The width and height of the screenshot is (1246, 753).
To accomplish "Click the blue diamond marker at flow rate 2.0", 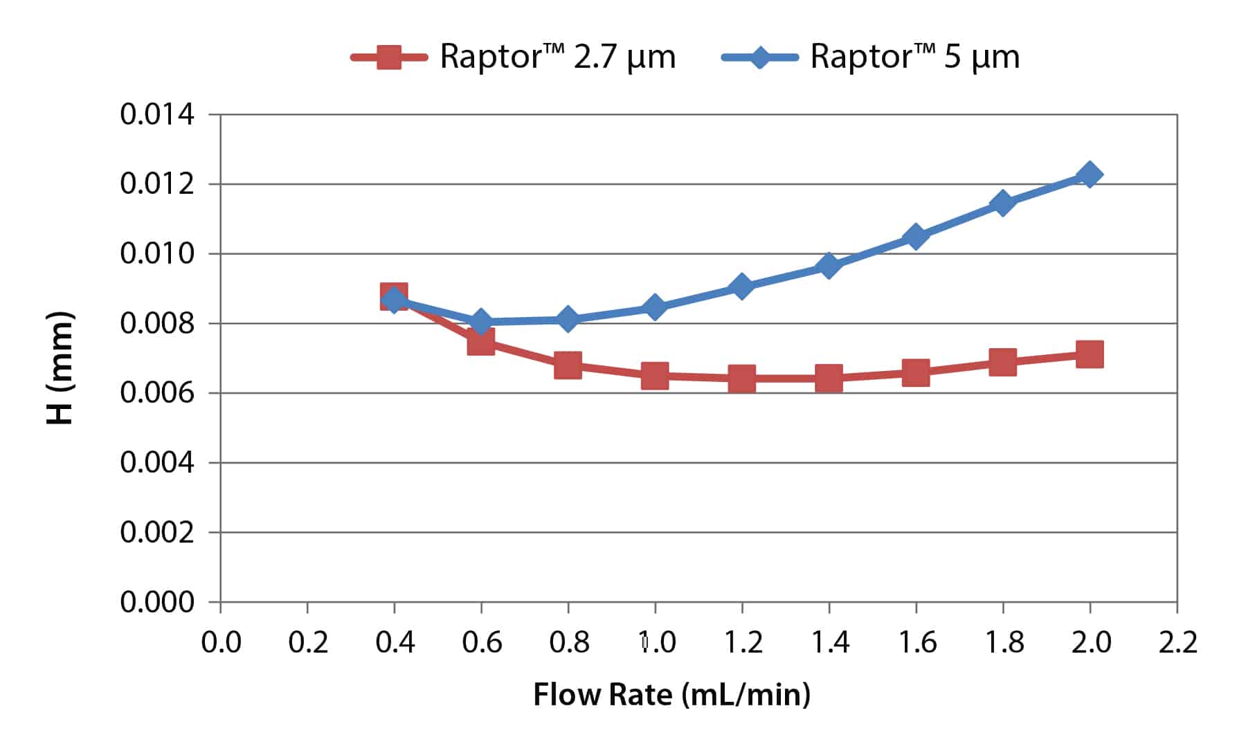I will click(x=1090, y=174).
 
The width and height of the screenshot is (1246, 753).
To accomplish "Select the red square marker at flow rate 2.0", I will click(x=1090, y=354).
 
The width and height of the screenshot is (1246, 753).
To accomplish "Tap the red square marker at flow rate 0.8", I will click(x=568, y=365).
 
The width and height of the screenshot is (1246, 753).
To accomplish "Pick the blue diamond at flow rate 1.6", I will click(x=915, y=237).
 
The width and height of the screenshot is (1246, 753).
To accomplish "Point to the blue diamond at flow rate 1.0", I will click(x=654, y=307).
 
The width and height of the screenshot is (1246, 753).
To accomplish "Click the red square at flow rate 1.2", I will click(x=741, y=379).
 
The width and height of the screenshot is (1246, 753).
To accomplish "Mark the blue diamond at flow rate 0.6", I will click(x=480, y=322).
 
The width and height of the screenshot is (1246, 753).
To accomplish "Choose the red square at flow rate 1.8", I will click(x=1002, y=361).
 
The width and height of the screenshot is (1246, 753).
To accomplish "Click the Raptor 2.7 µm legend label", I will click(x=557, y=56).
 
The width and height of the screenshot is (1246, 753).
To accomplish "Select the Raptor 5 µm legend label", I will click(x=914, y=56).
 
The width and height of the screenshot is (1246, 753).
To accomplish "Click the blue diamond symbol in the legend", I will click(x=759, y=57).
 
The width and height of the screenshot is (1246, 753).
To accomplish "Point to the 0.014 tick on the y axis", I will click(x=157, y=114).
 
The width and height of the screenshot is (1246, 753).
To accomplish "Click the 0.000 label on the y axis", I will click(x=157, y=602).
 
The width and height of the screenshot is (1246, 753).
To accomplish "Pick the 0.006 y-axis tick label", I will click(x=157, y=393).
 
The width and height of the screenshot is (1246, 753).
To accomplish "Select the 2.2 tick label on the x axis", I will click(x=1177, y=643).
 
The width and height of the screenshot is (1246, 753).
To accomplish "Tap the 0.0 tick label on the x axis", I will click(x=221, y=643).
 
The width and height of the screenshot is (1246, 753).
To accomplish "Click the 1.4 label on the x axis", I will click(x=829, y=643).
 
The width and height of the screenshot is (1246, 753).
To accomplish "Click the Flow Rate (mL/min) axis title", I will click(x=671, y=694).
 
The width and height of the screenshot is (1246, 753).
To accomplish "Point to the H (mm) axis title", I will click(x=60, y=368).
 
